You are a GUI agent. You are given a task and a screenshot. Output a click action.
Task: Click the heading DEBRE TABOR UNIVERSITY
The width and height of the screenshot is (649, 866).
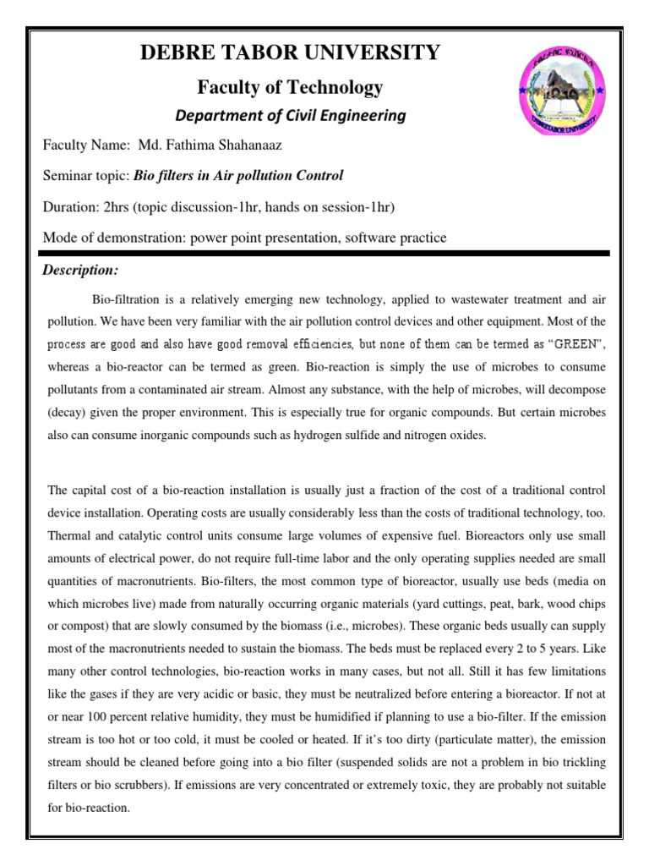[x=291, y=53]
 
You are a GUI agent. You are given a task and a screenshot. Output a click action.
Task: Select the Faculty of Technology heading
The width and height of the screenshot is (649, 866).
[x=290, y=86]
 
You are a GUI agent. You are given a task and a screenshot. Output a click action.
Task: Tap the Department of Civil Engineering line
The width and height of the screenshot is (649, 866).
[x=290, y=115]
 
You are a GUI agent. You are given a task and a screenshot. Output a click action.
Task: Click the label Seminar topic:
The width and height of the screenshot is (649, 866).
[x=85, y=176]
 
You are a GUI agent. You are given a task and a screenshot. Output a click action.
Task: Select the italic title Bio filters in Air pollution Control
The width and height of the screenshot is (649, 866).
[x=239, y=176]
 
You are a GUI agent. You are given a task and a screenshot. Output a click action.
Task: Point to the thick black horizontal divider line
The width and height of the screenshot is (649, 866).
[x=325, y=253]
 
